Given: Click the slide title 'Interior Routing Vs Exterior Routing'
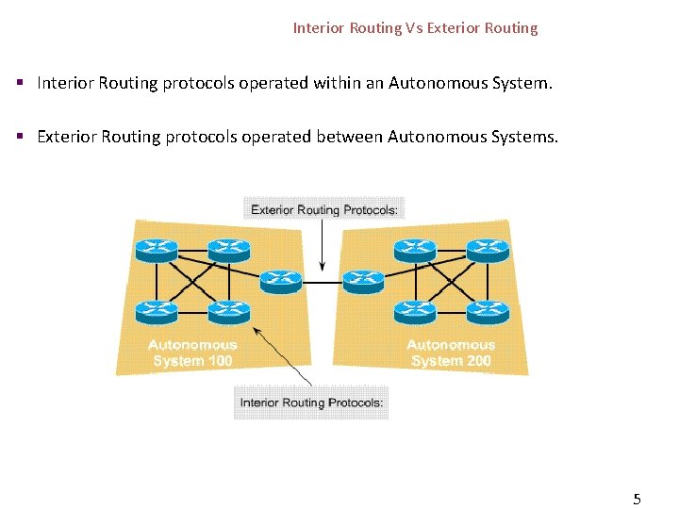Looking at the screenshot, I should click(415, 28).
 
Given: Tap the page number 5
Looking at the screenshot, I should click(637, 499).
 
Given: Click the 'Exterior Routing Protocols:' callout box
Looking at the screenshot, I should click(323, 210).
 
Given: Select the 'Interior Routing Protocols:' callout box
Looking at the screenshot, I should click(311, 402).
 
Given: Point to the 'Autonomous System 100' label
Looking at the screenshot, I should click(191, 353).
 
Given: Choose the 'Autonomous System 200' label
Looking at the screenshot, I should click(451, 353).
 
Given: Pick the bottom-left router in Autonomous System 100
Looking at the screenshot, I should click(156, 310).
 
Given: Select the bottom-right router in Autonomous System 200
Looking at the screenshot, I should click(489, 310).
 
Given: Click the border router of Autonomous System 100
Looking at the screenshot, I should click(280, 280).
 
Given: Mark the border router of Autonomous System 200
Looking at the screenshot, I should click(363, 280).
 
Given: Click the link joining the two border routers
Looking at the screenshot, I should click(322, 281).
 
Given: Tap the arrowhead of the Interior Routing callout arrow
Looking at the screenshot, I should click(256, 331).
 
